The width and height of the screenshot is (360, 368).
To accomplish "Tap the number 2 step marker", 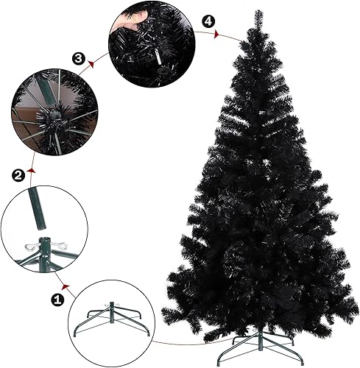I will coord(18,174).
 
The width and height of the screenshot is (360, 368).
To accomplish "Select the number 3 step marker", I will coord(79,58).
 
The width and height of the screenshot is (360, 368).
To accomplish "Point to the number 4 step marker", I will coord(211,21).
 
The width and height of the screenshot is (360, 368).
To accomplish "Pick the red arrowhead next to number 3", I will coord(91,64).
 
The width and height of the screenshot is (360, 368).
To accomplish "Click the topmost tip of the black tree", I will coord(258,12).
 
